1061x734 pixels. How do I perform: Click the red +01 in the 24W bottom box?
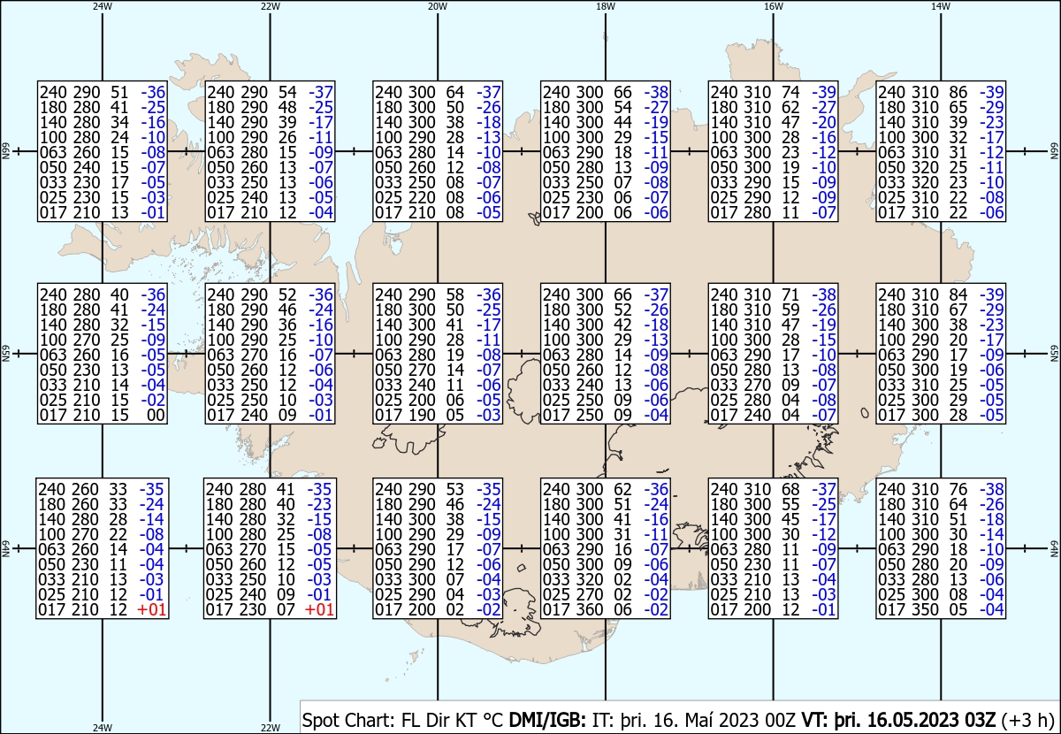(151, 610)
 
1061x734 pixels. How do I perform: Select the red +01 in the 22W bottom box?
(319, 610)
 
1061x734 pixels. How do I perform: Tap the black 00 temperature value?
(156, 415)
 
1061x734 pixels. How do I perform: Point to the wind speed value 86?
(958, 92)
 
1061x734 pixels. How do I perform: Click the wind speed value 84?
(958, 294)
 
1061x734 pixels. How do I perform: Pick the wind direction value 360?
(589, 610)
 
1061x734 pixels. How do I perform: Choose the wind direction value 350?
(925, 610)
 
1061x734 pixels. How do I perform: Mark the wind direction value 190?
(422, 415)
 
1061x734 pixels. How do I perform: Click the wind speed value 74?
(790, 92)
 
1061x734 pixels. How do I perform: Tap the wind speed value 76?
(958, 489)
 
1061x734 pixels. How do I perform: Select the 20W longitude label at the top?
(438, 7)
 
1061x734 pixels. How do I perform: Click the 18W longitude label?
(606, 7)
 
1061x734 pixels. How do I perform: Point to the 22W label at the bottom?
(270, 728)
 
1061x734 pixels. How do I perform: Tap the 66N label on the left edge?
(5, 151)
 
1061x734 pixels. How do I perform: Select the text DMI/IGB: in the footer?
(547, 720)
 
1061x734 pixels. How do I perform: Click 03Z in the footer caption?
(980, 720)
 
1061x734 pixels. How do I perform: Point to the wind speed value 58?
(454, 294)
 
